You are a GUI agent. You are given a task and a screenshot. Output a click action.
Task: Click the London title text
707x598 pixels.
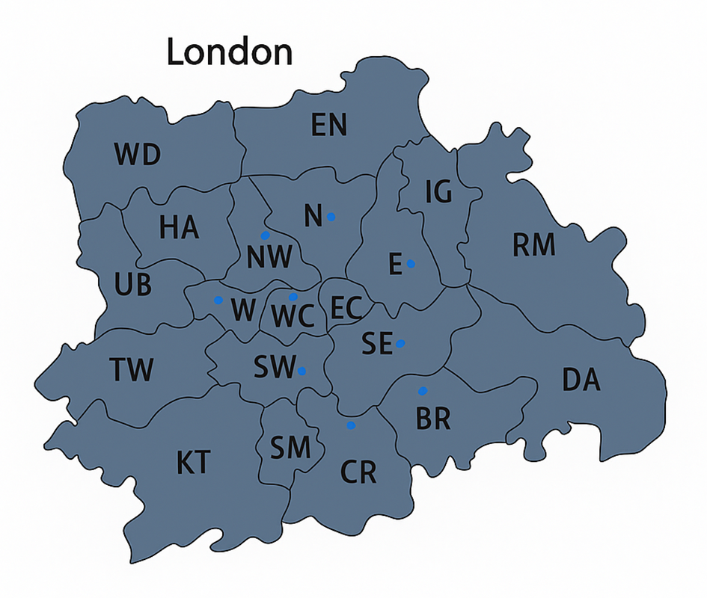(229, 52)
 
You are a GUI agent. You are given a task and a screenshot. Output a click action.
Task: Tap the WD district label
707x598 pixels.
(137, 155)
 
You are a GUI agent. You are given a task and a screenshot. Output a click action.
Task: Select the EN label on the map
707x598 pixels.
(329, 126)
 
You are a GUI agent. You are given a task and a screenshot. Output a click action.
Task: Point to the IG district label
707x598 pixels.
(438, 193)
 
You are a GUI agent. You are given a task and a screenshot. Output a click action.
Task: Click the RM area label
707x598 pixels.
(533, 244)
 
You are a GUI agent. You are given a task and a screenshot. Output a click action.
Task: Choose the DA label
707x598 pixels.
(581, 380)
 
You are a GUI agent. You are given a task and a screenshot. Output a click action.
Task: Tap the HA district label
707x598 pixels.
(179, 227)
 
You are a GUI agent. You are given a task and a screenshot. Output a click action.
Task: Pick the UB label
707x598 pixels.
(133, 284)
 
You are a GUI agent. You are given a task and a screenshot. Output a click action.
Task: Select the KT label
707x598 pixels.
(193, 463)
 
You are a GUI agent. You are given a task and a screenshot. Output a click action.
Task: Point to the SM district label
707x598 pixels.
(290, 449)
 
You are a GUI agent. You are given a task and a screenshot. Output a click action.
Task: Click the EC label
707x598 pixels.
(346, 307)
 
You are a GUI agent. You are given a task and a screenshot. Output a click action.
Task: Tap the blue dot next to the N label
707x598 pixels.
(331, 217)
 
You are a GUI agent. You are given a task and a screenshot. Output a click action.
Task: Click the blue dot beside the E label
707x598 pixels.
(411, 263)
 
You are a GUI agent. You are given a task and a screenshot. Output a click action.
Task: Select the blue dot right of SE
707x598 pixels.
(401, 343)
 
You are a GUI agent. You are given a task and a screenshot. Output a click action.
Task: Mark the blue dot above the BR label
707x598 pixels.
(423, 390)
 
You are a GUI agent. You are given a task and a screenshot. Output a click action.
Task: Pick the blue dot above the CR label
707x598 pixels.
(351, 425)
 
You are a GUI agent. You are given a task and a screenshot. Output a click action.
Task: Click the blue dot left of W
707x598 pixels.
(218, 300)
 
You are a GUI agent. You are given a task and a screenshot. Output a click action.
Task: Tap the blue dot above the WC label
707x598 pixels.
(293, 297)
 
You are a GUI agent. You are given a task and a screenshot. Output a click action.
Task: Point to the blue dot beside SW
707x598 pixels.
(302, 370)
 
